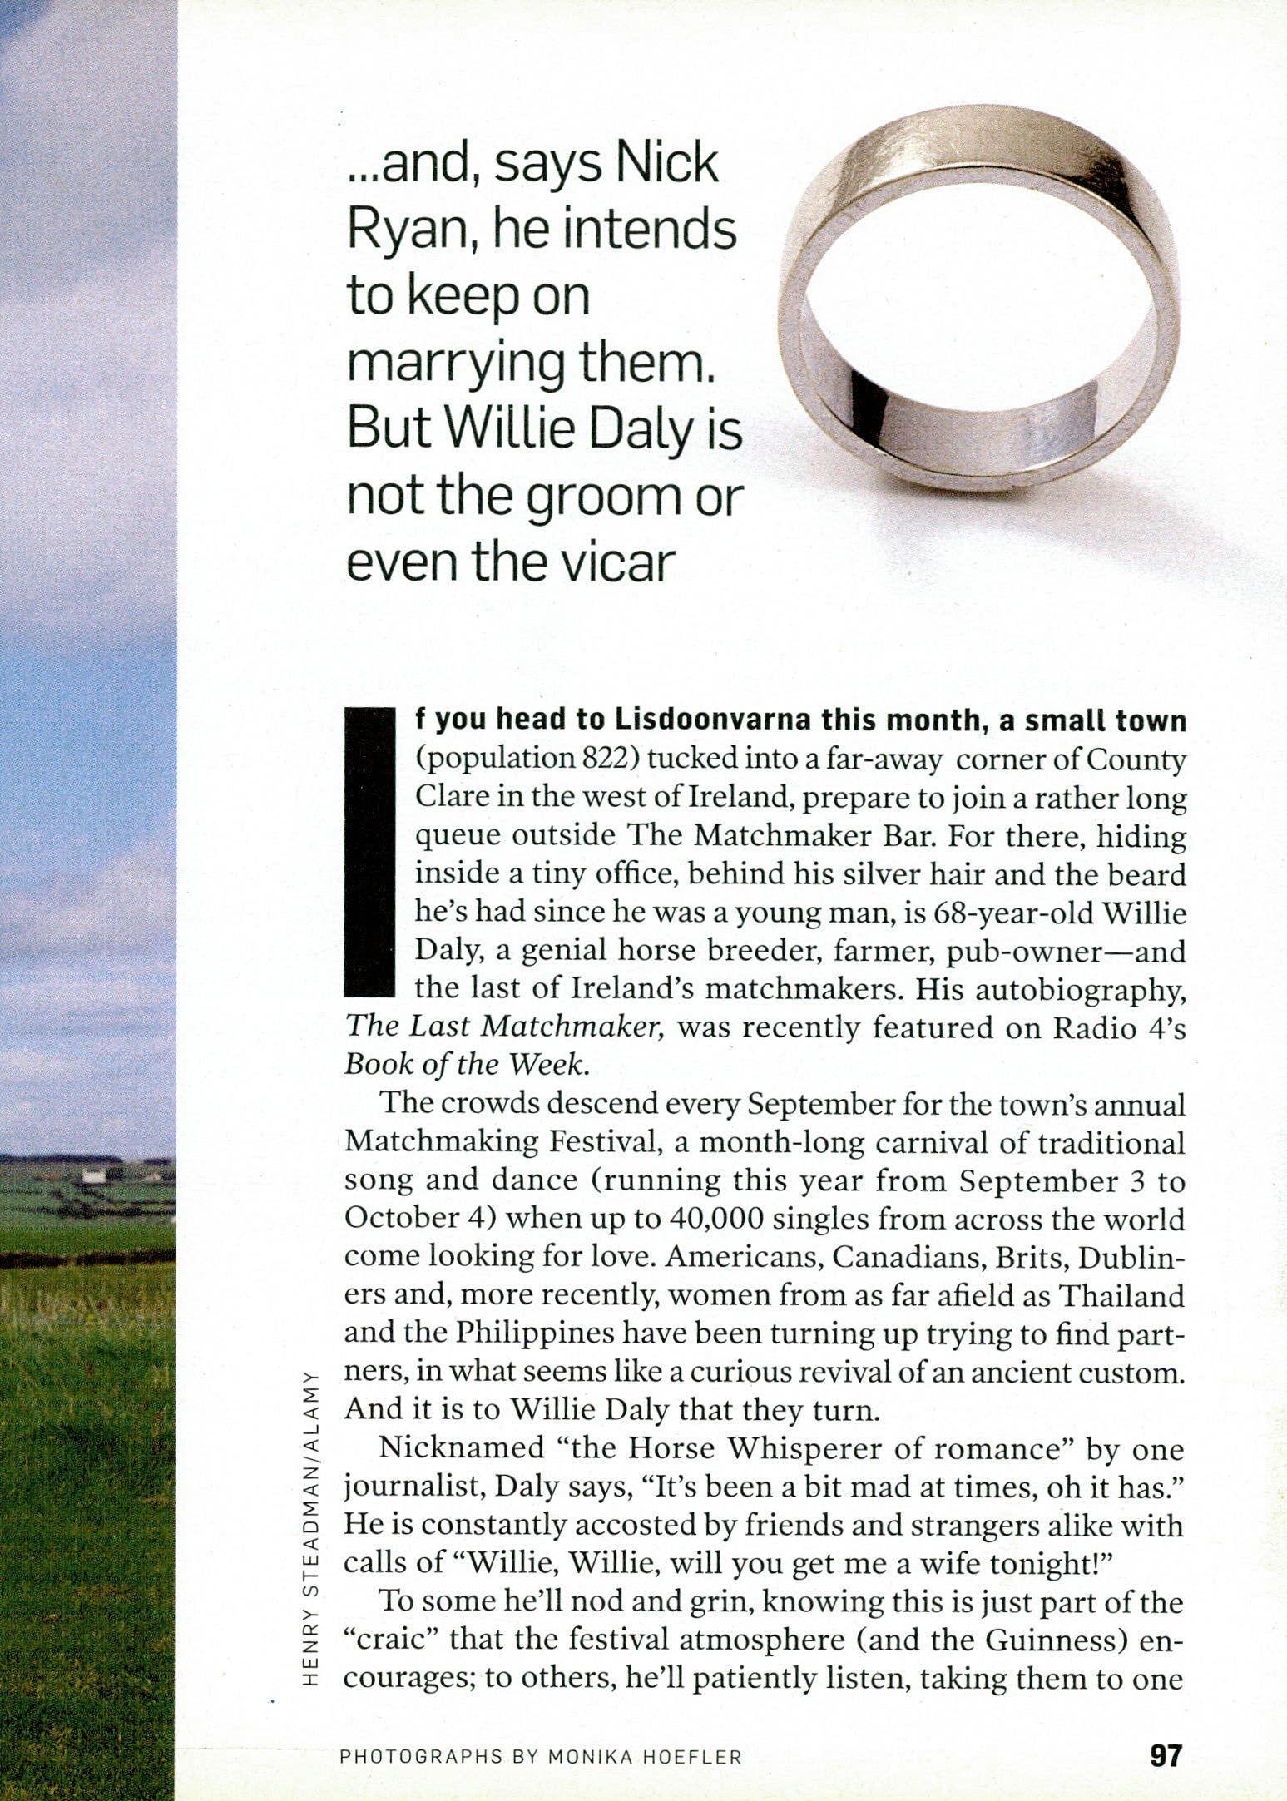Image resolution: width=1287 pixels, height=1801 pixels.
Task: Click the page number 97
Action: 1165,1756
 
